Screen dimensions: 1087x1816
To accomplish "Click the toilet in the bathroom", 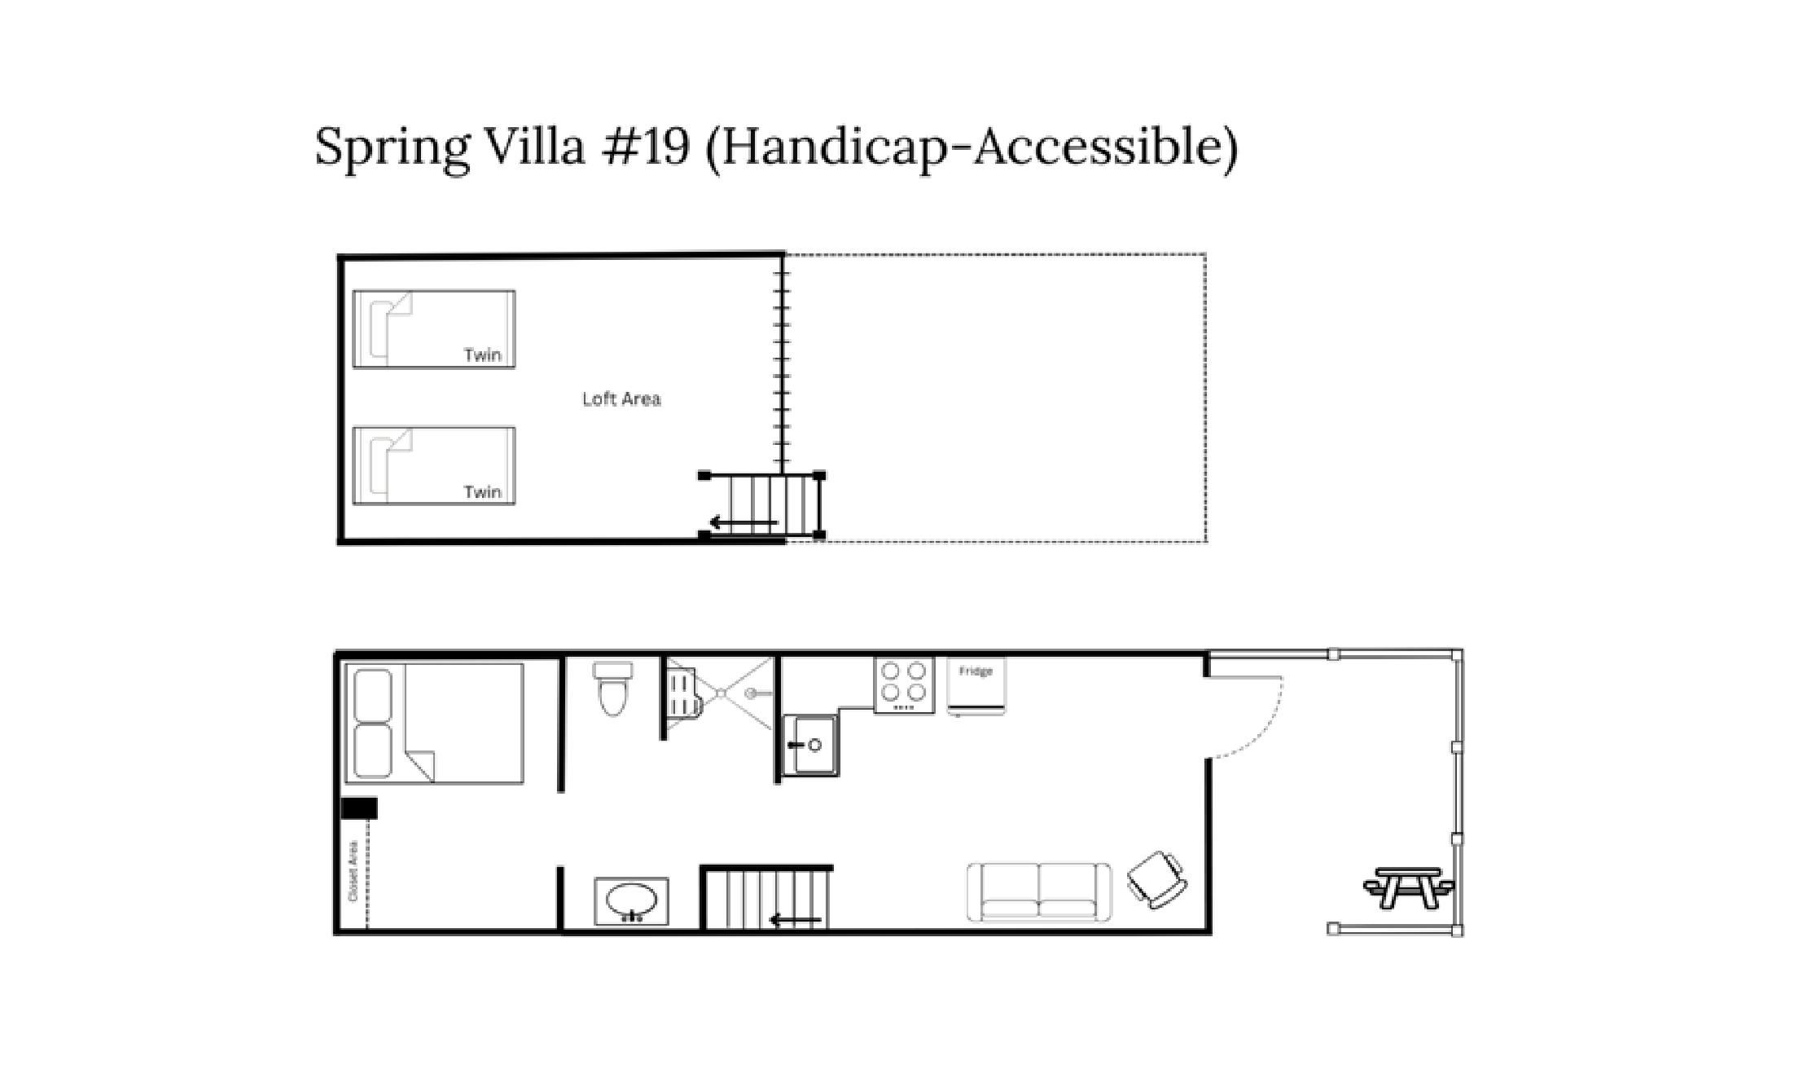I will (613, 689).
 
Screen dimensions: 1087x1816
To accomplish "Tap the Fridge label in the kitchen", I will (976, 671).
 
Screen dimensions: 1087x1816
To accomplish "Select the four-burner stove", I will (904, 685).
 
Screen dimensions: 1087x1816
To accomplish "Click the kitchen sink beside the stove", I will (809, 745).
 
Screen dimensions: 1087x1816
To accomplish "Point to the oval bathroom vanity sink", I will (631, 901).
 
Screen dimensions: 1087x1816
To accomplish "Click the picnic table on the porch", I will (1408, 887).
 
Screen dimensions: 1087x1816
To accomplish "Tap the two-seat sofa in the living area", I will (1038, 893).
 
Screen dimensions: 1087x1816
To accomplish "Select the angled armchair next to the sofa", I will (1156, 879).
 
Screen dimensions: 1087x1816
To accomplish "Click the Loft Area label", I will (621, 399).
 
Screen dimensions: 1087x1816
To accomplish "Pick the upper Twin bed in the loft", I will (434, 329).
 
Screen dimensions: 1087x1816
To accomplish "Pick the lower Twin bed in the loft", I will (434, 466).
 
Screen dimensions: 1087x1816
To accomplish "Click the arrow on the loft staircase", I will (743, 523).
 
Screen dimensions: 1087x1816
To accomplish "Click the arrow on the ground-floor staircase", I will (795, 921).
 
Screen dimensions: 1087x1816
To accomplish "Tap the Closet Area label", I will (353, 870).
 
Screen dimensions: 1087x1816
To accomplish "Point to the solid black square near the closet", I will (359, 808).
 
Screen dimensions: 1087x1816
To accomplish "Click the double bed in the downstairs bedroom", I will (434, 724).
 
